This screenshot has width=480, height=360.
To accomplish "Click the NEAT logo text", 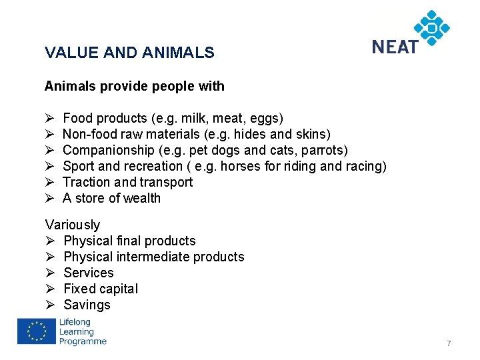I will click(395, 47).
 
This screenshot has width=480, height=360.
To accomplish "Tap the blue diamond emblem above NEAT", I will click(432, 27).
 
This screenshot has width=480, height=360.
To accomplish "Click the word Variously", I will click(72, 225).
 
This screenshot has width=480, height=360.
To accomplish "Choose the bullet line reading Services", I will click(89, 273).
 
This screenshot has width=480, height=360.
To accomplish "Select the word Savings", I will click(87, 305).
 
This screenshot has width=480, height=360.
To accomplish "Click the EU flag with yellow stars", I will click(36, 331).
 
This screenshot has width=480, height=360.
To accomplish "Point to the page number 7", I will click(449, 343).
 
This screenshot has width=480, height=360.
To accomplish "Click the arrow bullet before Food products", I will click(49, 119).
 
